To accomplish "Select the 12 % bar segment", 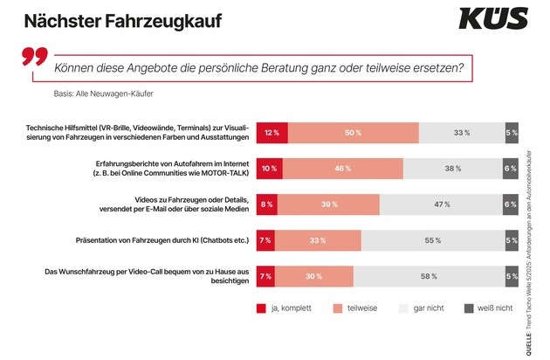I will pyautogui.click(x=272, y=133).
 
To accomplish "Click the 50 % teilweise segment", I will pyautogui.click(x=353, y=133).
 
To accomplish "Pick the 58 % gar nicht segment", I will pyautogui.click(x=428, y=276).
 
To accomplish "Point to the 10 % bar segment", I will pyautogui.click(x=269, y=169).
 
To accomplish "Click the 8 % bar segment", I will pyautogui.click(x=266, y=204).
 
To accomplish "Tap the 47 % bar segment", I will pyautogui.click(x=442, y=204).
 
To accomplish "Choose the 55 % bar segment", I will pyautogui.click(x=432, y=240).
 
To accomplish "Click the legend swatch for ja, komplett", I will pyautogui.click(x=261, y=308).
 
